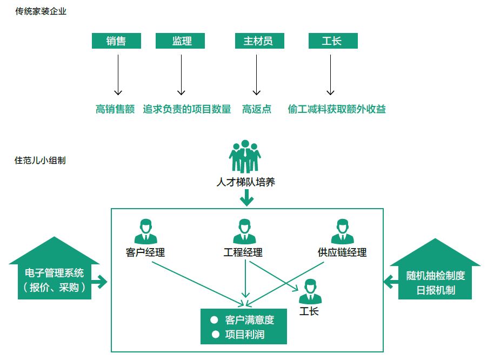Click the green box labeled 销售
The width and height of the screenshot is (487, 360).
point(116,41)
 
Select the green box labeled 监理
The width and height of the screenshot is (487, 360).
point(181,41)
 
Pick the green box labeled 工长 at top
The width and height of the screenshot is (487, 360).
point(332,41)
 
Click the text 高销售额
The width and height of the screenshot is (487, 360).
point(115,109)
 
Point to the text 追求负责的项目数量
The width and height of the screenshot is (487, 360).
point(187,109)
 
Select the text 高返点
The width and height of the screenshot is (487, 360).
point(257,109)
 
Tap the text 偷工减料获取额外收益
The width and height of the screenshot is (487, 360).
point(337,109)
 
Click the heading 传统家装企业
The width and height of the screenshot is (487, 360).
point(41,11)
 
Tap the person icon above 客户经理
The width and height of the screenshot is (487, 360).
point(145,232)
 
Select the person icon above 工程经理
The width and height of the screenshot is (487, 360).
point(244,232)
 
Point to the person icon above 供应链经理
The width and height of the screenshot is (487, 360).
point(342,232)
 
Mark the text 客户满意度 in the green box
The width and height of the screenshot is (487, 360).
point(249,320)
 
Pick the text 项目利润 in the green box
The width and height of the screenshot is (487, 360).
point(244,335)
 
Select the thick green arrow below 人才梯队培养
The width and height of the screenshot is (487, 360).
point(246,199)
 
